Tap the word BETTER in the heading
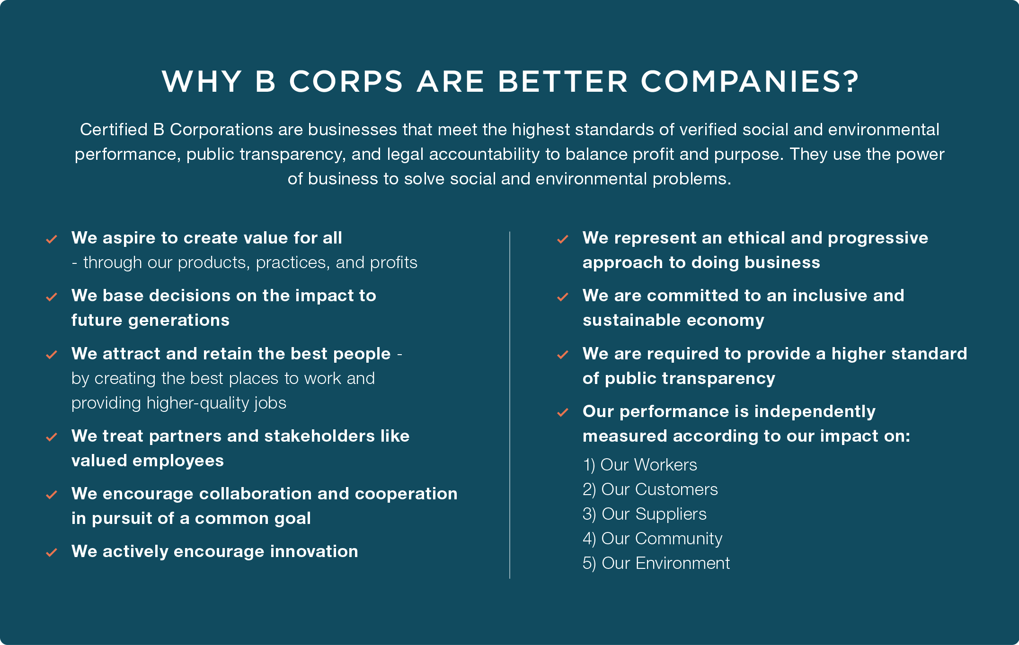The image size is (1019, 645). coord(563,81)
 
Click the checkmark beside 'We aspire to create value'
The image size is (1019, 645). coord(52,239)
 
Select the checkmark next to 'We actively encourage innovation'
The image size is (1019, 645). coord(52,552)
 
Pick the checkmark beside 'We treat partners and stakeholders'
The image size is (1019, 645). coord(52,437)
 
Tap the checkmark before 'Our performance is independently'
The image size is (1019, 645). coord(563,413)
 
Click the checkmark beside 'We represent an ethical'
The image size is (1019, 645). coord(563,239)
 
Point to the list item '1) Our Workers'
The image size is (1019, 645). coord(640,465)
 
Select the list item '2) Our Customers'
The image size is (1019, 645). coord(650,489)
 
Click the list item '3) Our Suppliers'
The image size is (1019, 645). coord(645,514)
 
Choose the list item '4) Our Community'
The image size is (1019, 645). coord(653,539)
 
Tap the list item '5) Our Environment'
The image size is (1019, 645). coord(656,563)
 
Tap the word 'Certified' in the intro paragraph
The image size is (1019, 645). coord(114,130)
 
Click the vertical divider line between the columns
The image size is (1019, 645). coord(510,405)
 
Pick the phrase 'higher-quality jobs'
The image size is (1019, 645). coord(216,403)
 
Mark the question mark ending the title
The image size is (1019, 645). coord(851,81)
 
